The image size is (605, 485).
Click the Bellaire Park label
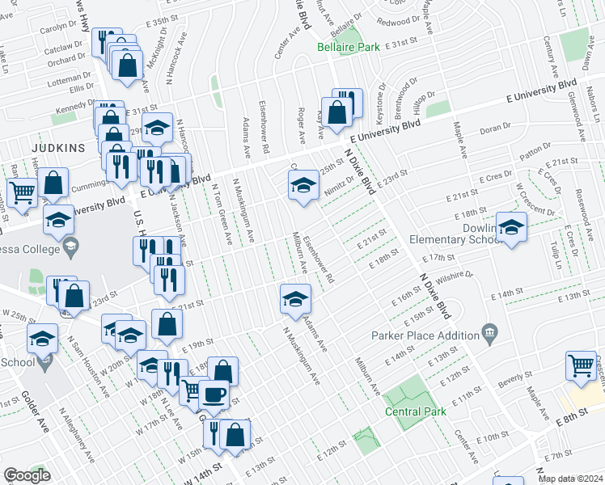click(x=348, y=48)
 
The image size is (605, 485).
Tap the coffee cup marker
click(x=214, y=394)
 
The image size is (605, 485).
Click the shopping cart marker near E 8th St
click(x=581, y=366)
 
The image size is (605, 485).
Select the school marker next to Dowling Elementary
click(x=511, y=229)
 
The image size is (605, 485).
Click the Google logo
click(x=27, y=475)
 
